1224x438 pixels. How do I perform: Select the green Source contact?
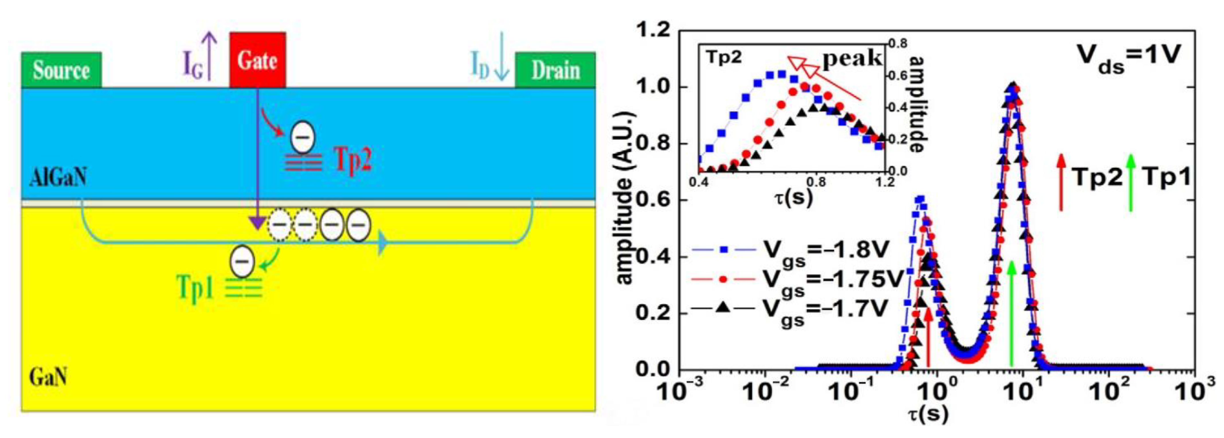61,70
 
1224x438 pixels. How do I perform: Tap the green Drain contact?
555,70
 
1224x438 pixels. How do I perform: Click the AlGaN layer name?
58,178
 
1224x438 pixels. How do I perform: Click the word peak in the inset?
852,58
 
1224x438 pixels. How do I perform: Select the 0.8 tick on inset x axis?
816,182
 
